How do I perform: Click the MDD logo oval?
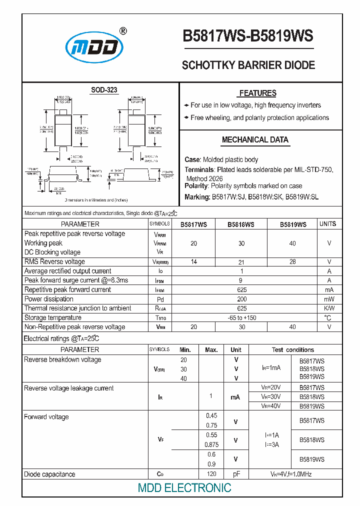point(94,48)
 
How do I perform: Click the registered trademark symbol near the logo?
point(123,31)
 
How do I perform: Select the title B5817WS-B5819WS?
point(248,36)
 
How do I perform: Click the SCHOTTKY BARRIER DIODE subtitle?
point(248,65)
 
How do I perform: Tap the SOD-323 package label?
point(104,90)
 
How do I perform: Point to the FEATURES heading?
point(257,93)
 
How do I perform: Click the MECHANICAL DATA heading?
point(255,140)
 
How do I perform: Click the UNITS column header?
point(327,224)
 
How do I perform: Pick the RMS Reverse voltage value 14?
point(194,261)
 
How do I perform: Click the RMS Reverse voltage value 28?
point(292,261)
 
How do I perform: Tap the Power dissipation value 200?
point(242,299)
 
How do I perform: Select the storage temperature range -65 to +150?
point(242,317)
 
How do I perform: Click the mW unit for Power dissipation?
point(329,299)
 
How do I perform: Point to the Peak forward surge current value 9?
point(242,280)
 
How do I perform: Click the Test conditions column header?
point(293,350)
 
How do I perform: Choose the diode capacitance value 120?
point(211,474)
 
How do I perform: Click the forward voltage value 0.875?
point(211,444)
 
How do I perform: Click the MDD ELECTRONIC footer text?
point(184,488)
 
